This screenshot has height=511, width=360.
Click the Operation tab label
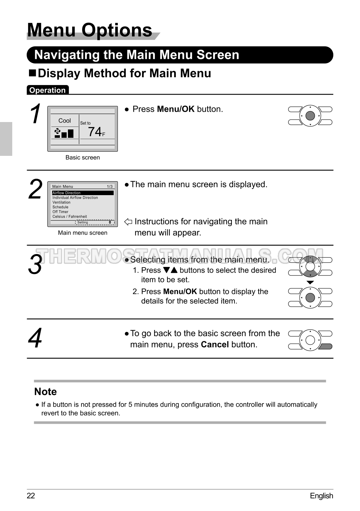[x=47, y=90]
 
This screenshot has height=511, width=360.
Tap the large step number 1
[x=36, y=114]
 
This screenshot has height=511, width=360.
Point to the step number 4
[x=35, y=338]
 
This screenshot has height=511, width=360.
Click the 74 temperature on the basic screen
[x=95, y=132]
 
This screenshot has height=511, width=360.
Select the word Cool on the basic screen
[x=64, y=120]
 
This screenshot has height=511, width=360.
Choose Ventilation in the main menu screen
[x=62, y=202]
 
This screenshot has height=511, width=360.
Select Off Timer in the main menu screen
[x=61, y=212]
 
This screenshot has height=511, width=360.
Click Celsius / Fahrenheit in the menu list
[x=70, y=217]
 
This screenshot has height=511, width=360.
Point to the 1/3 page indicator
[x=110, y=186]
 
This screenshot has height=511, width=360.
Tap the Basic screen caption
[x=82, y=157]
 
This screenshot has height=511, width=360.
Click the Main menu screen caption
[x=82, y=233]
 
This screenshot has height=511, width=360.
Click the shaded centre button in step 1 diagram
[x=310, y=116]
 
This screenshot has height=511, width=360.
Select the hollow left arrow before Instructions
[x=128, y=222]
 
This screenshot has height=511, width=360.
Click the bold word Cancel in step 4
[x=215, y=345]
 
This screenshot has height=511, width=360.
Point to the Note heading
[x=45, y=392]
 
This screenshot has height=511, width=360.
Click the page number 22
[x=31, y=496]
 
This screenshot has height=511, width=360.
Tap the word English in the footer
[x=321, y=496]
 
